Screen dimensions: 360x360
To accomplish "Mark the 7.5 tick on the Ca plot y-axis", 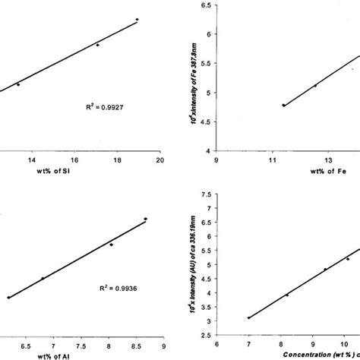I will (x=205, y=194).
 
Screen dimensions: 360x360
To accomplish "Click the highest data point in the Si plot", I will (x=137, y=19).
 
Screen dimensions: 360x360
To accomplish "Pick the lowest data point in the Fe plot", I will (x=283, y=105).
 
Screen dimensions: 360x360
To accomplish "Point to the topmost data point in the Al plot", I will (x=145, y=219).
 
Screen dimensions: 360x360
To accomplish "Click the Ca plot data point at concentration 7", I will (x=248, y=317).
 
